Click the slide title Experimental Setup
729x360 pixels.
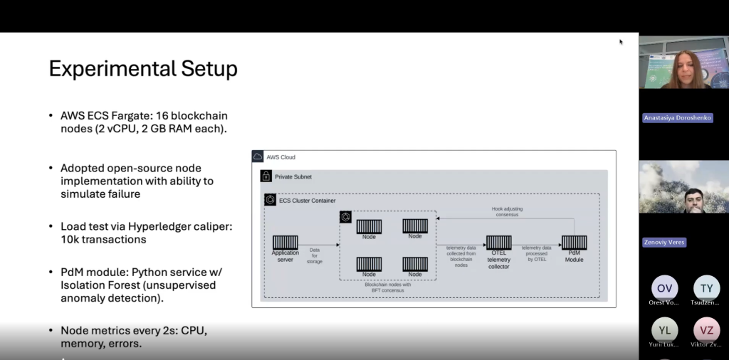tap(142, 69)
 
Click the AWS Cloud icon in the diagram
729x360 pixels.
tap(258, 157)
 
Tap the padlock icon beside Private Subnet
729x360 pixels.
tap(266, 176)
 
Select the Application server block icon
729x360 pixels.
tap(285, 243)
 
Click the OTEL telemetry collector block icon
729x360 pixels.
tap(498, 243)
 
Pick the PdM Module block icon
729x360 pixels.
tap(574, 243)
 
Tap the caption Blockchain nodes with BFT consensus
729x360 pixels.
tap(388, 287)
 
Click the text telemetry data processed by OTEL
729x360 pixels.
tap(536, 253)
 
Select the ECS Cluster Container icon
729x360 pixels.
tap(270, 200)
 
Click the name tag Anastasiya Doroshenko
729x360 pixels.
tap(677, 117)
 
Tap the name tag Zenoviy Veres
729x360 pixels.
tap(665, 242)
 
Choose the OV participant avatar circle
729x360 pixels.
tap(664, 287)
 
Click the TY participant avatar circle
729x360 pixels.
tap(706, 287)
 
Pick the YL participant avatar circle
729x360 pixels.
tap(664, 329)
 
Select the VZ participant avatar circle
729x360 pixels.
tap(706, 329)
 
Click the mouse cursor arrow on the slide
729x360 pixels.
tap(621, 41)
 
